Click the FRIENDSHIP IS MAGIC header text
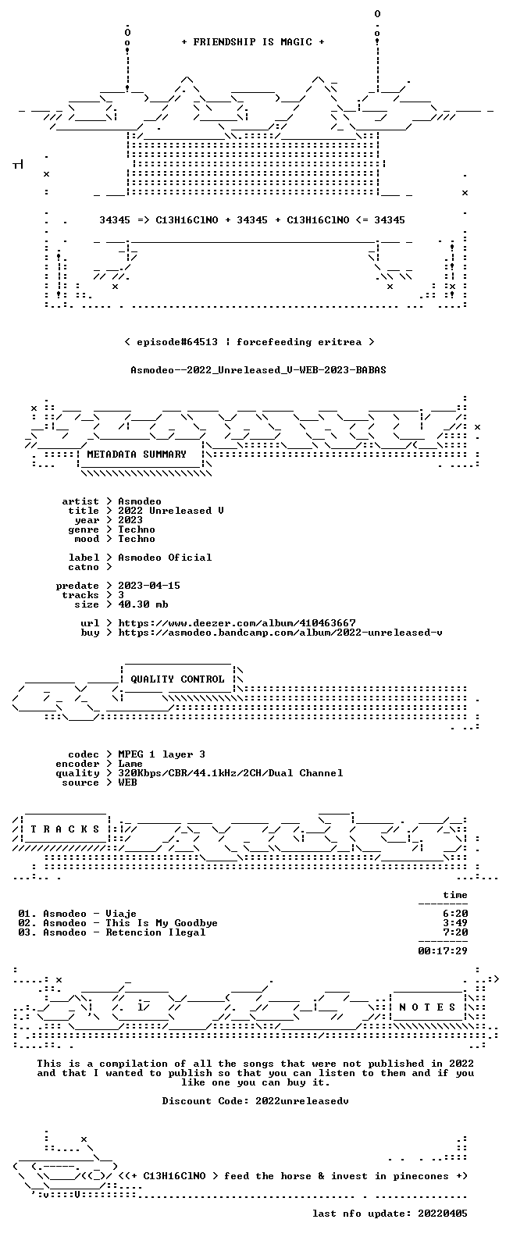pos(253,42)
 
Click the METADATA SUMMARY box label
pos(137,454)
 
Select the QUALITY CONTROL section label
pos(177,679)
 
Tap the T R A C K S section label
pos(65,829)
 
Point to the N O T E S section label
pos(427,1007)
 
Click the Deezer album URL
pos(237,623)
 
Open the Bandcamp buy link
pos(280,633)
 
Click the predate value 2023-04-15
pos(149,586)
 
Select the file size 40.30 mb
pos(143,604)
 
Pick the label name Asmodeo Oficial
pos(165,558)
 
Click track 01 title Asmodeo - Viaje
pos(90,914)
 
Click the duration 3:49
pos(455,923)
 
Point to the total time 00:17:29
pos(443,951)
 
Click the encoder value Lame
pos(130,764)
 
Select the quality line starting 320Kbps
pos(230,773)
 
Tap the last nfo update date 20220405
pos(443,1214)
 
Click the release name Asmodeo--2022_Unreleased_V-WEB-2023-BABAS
pos(258,370)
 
